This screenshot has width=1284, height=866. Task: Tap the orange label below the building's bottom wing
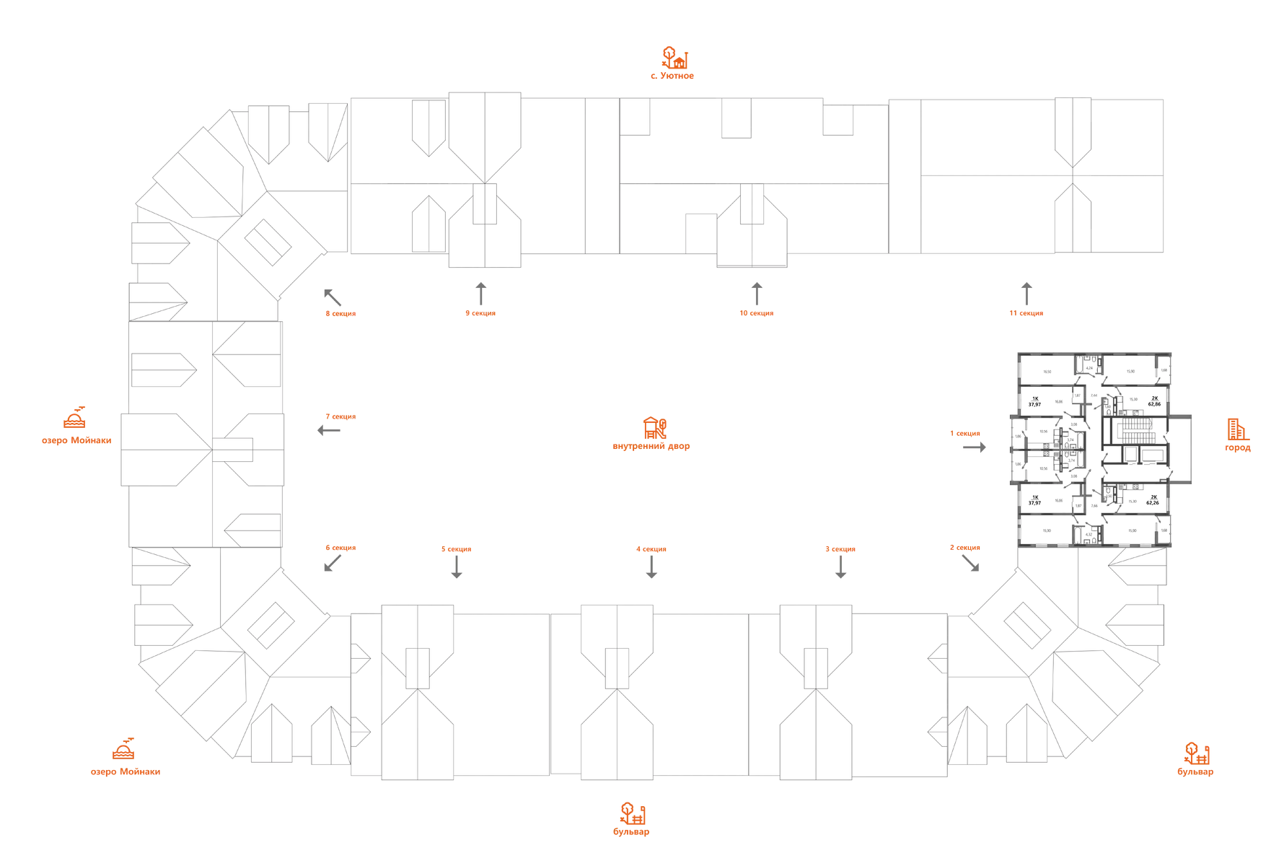coord(633,818)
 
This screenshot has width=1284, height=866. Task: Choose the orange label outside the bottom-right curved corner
coord(1196,760)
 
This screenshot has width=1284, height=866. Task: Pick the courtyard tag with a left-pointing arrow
coord(340,416)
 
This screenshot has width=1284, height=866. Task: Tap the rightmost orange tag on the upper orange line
coord(1025,313)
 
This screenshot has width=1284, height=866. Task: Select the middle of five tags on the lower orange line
coord(651,550)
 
